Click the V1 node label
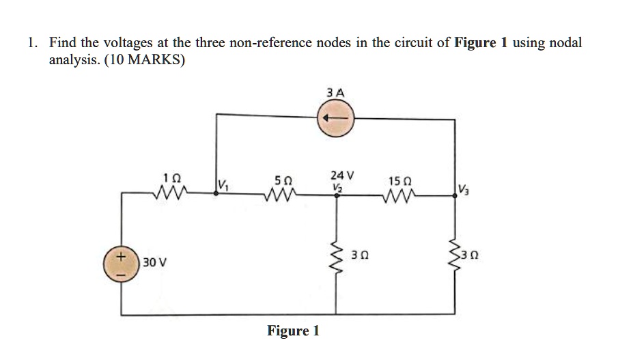tap(223, 184)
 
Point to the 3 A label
tap(335, 92)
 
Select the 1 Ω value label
tap(173, 176)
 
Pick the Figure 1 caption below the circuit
tap(293, 331)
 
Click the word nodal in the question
tap(565, 42)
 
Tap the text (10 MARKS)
tap(144, 59)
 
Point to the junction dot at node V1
tap(216, 193)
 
